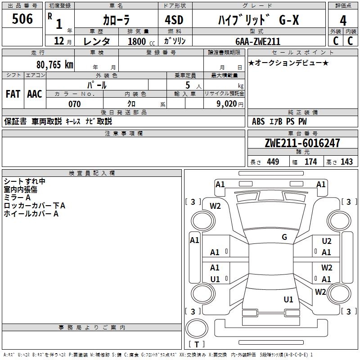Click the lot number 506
22,19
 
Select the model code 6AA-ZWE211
258,41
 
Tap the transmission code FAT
13,94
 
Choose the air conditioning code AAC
34,94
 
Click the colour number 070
74,104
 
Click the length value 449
273,162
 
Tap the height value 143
346,162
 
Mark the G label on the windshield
284,237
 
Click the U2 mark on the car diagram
326,242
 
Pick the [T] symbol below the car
197,345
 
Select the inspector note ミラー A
17,198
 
